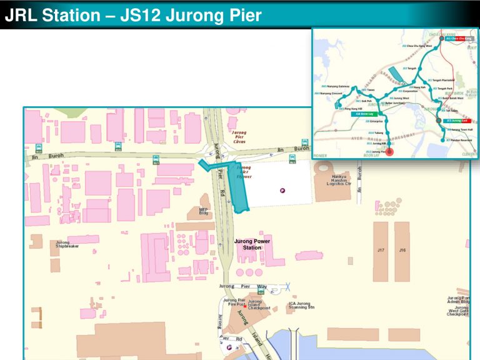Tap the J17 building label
(x=381, y=250)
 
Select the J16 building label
(x=402, y=250)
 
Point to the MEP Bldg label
(x=203, y=211)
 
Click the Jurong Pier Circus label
(x=239, y=137)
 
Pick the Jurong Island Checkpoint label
(x=259, y=305)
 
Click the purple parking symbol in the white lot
(x=282, y=191)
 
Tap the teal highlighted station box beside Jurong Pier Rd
(x=239, y=186)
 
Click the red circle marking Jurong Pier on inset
(x=390, y=151)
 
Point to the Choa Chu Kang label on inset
(x=458, y=38)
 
